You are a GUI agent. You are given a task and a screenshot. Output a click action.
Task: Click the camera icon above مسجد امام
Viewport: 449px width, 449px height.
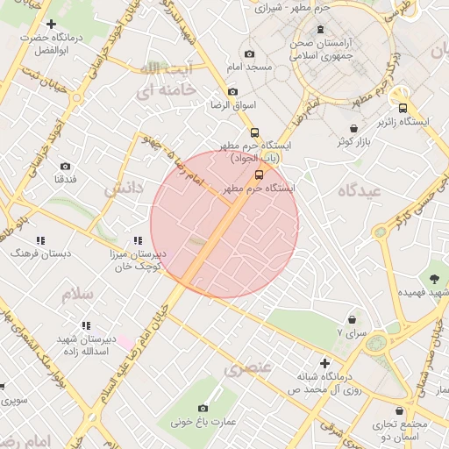(x=250, y=53)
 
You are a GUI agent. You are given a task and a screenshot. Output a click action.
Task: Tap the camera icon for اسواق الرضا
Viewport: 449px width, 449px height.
(x=232, y=91)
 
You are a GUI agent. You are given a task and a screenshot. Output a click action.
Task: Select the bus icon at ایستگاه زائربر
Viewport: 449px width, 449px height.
(x=403, y=109)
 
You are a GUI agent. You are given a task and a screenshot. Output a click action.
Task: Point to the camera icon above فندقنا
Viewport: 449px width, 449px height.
(x=65, y=166)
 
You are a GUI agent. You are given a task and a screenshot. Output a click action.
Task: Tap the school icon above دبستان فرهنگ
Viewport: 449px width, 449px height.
(x=40, y=239)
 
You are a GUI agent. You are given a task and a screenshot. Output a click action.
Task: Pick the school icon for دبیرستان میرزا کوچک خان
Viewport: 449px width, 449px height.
(x=138, y=240)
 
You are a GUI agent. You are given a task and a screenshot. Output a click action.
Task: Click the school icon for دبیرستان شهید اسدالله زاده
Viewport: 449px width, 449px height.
(x=86, y=325)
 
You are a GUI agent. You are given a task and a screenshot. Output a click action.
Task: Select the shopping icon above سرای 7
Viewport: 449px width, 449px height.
(x=353, y=320)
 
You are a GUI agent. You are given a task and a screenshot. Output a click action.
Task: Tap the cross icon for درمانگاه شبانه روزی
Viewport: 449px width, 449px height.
(x=325, y=363)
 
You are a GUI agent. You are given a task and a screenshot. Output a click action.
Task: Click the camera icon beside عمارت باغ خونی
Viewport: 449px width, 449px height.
(x=203, y=408)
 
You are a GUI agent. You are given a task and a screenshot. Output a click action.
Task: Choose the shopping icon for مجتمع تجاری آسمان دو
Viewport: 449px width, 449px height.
(x=401, y=411)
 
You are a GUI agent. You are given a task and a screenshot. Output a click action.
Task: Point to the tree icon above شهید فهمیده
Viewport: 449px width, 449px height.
(x=434, y=279)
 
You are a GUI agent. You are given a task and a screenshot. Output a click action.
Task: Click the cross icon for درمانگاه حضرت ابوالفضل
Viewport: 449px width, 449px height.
(x=51, y=24)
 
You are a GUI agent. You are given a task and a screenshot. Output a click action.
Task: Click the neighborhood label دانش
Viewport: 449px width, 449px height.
(x=122, y=189)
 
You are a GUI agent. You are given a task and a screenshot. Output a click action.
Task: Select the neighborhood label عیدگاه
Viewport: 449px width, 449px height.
(x=361, y=189)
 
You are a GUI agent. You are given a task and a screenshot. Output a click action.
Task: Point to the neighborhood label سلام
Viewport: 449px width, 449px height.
(x=77, y=294)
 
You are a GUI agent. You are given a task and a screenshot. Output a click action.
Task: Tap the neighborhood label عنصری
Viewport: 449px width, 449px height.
(x=248, y=370)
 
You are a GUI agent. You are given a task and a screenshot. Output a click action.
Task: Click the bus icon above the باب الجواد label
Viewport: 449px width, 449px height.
(x=255, y=132)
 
